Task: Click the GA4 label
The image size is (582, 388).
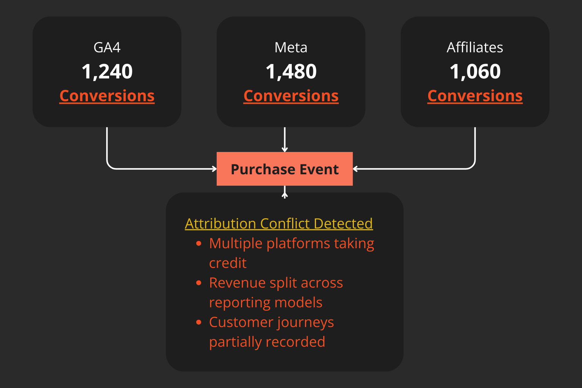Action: (107, 48)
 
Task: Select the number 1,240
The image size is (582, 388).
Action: (107, 71)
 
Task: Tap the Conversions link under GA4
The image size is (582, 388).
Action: (107, 96)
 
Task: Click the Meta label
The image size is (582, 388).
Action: (291, 48)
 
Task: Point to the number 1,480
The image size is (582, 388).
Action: (291, 71)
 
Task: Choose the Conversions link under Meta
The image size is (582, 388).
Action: (291, 96)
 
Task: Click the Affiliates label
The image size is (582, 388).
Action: (475, 48)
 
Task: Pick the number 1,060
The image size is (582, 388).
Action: (475, 71)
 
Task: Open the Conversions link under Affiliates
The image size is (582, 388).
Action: (475, 96)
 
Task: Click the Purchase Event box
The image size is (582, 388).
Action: (285, 169)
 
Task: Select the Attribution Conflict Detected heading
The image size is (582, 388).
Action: (278, 224)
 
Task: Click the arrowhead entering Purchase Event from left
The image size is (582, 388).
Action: (214, 169)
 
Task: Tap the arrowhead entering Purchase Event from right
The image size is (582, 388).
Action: (355, 169)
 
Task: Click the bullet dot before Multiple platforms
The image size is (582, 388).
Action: (199, 244)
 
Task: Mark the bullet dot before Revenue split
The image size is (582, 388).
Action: (199, 283)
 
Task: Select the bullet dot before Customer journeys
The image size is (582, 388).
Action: (199, 322)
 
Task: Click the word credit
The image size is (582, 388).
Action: (228, 263)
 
